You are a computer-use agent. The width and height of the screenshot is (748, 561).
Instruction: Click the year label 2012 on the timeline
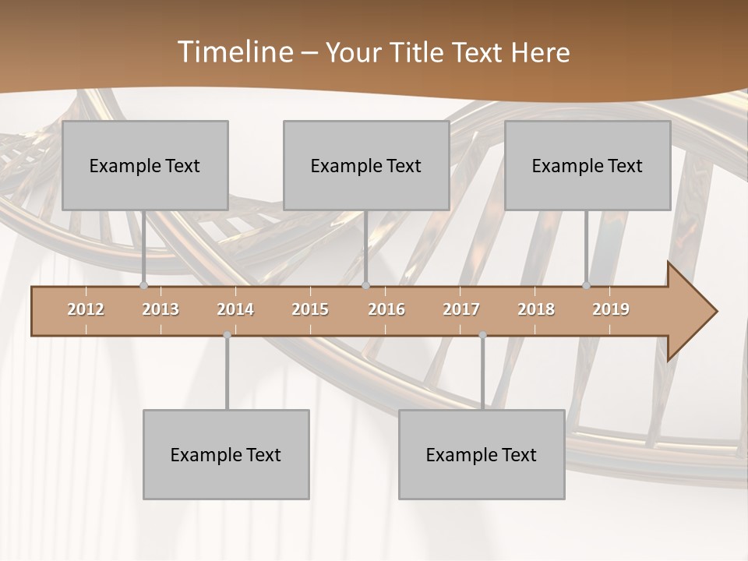86,309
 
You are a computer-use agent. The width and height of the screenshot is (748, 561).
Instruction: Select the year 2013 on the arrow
161,309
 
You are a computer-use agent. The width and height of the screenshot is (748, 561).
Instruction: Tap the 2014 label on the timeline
235,309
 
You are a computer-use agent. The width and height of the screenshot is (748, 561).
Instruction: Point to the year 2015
310,309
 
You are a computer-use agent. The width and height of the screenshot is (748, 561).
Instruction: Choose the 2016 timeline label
386,309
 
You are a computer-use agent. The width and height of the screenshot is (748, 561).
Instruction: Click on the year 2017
461,309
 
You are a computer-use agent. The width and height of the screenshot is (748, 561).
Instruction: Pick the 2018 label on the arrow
536,309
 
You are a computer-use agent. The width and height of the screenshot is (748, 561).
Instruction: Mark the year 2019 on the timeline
611,309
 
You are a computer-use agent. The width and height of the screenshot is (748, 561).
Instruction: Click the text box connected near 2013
145,165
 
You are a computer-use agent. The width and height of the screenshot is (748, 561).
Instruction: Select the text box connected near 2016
366,165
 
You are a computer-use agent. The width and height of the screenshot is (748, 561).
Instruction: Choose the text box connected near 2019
587,165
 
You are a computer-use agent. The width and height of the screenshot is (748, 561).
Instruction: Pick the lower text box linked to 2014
226,454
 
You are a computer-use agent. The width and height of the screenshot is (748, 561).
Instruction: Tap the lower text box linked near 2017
482,454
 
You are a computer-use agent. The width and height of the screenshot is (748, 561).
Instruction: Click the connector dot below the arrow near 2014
227,335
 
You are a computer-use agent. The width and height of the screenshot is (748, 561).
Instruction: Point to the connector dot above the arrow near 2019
587,285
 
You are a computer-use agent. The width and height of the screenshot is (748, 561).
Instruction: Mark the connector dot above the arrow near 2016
366,285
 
